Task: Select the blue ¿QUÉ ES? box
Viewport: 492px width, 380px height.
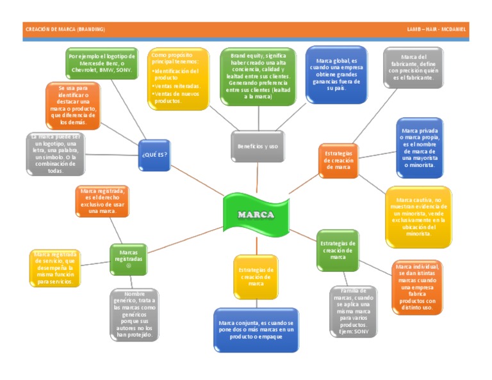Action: tap(154, 154)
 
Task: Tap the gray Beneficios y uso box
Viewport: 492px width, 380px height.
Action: tap(258, 146)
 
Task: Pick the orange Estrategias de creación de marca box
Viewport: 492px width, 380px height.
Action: tap(338, 160)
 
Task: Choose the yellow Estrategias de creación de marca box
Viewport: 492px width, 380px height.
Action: tap(256, 276)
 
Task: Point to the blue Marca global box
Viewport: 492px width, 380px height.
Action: tap(336, 74)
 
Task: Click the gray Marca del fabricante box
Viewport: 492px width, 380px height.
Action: tap(413, 67)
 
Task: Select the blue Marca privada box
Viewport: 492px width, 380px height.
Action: tap(419, 148)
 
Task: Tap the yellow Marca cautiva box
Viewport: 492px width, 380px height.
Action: tap(418, 216)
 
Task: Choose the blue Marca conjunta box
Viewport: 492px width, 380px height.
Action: tap(256, 329)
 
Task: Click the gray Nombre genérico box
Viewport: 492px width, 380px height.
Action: tap(134, 314)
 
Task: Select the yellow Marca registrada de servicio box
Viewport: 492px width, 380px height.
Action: tap(55, 267)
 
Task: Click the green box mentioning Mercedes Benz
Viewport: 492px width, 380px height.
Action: tap(101, 63)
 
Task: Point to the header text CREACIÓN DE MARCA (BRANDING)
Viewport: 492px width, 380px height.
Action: tap(65, 29)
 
